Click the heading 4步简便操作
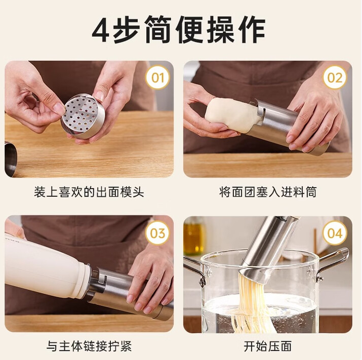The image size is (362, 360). pyautogui.click(x=178, y=30)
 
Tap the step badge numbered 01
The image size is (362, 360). pyautogui.click(x=157, y=77)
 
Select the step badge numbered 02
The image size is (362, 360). pyautogui.click(x=335, y=77)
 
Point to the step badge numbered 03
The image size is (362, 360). pyautogui.click(x=157, y=233)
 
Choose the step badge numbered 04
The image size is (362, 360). pyautogui.click(x=335, y=233)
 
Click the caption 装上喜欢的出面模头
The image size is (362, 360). pyautogui.click(x=89, y=192)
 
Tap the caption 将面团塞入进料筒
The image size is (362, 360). pyautogui.click(x=268, y=192)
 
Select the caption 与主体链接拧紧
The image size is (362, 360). pyautogui.click(x=89, y=346)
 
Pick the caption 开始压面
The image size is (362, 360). pyautogui.click(x=268, y=346)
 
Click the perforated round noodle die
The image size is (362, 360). pyautogui.click(x=83, y=116)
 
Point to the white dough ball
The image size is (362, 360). pyautogui.click(x=231, y=114)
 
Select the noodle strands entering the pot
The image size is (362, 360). pyautogui.click(x=252, y=304)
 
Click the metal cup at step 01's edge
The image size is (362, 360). pyautogui.click(x=11, y=159)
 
